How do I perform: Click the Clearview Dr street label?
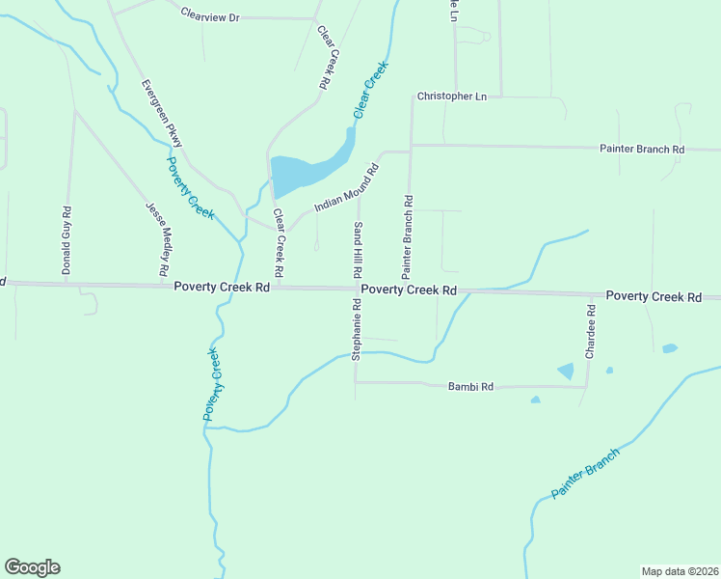(x=209, y=16)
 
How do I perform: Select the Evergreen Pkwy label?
(x=161, y=113)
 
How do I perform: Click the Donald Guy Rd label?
(x=67, y=240)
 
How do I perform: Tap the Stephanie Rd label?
(x=356, y=329)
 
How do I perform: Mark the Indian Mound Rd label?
(x=346, y=187)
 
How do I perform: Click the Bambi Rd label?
(x=470, y=386)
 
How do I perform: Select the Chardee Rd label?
(x=591, y=332)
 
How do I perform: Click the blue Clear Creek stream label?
(x=370, y=90)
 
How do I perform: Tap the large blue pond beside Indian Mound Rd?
(x=299, y=175)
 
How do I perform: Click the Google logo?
(x=32, y=567)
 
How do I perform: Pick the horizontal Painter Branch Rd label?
(x=641, y=150)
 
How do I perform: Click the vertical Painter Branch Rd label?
(x=408, y=232)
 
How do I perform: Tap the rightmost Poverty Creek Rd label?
(x=653, y=296)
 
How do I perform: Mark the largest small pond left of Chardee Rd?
(x=565, y=371)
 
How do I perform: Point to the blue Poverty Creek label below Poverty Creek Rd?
(x=213, y=383)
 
